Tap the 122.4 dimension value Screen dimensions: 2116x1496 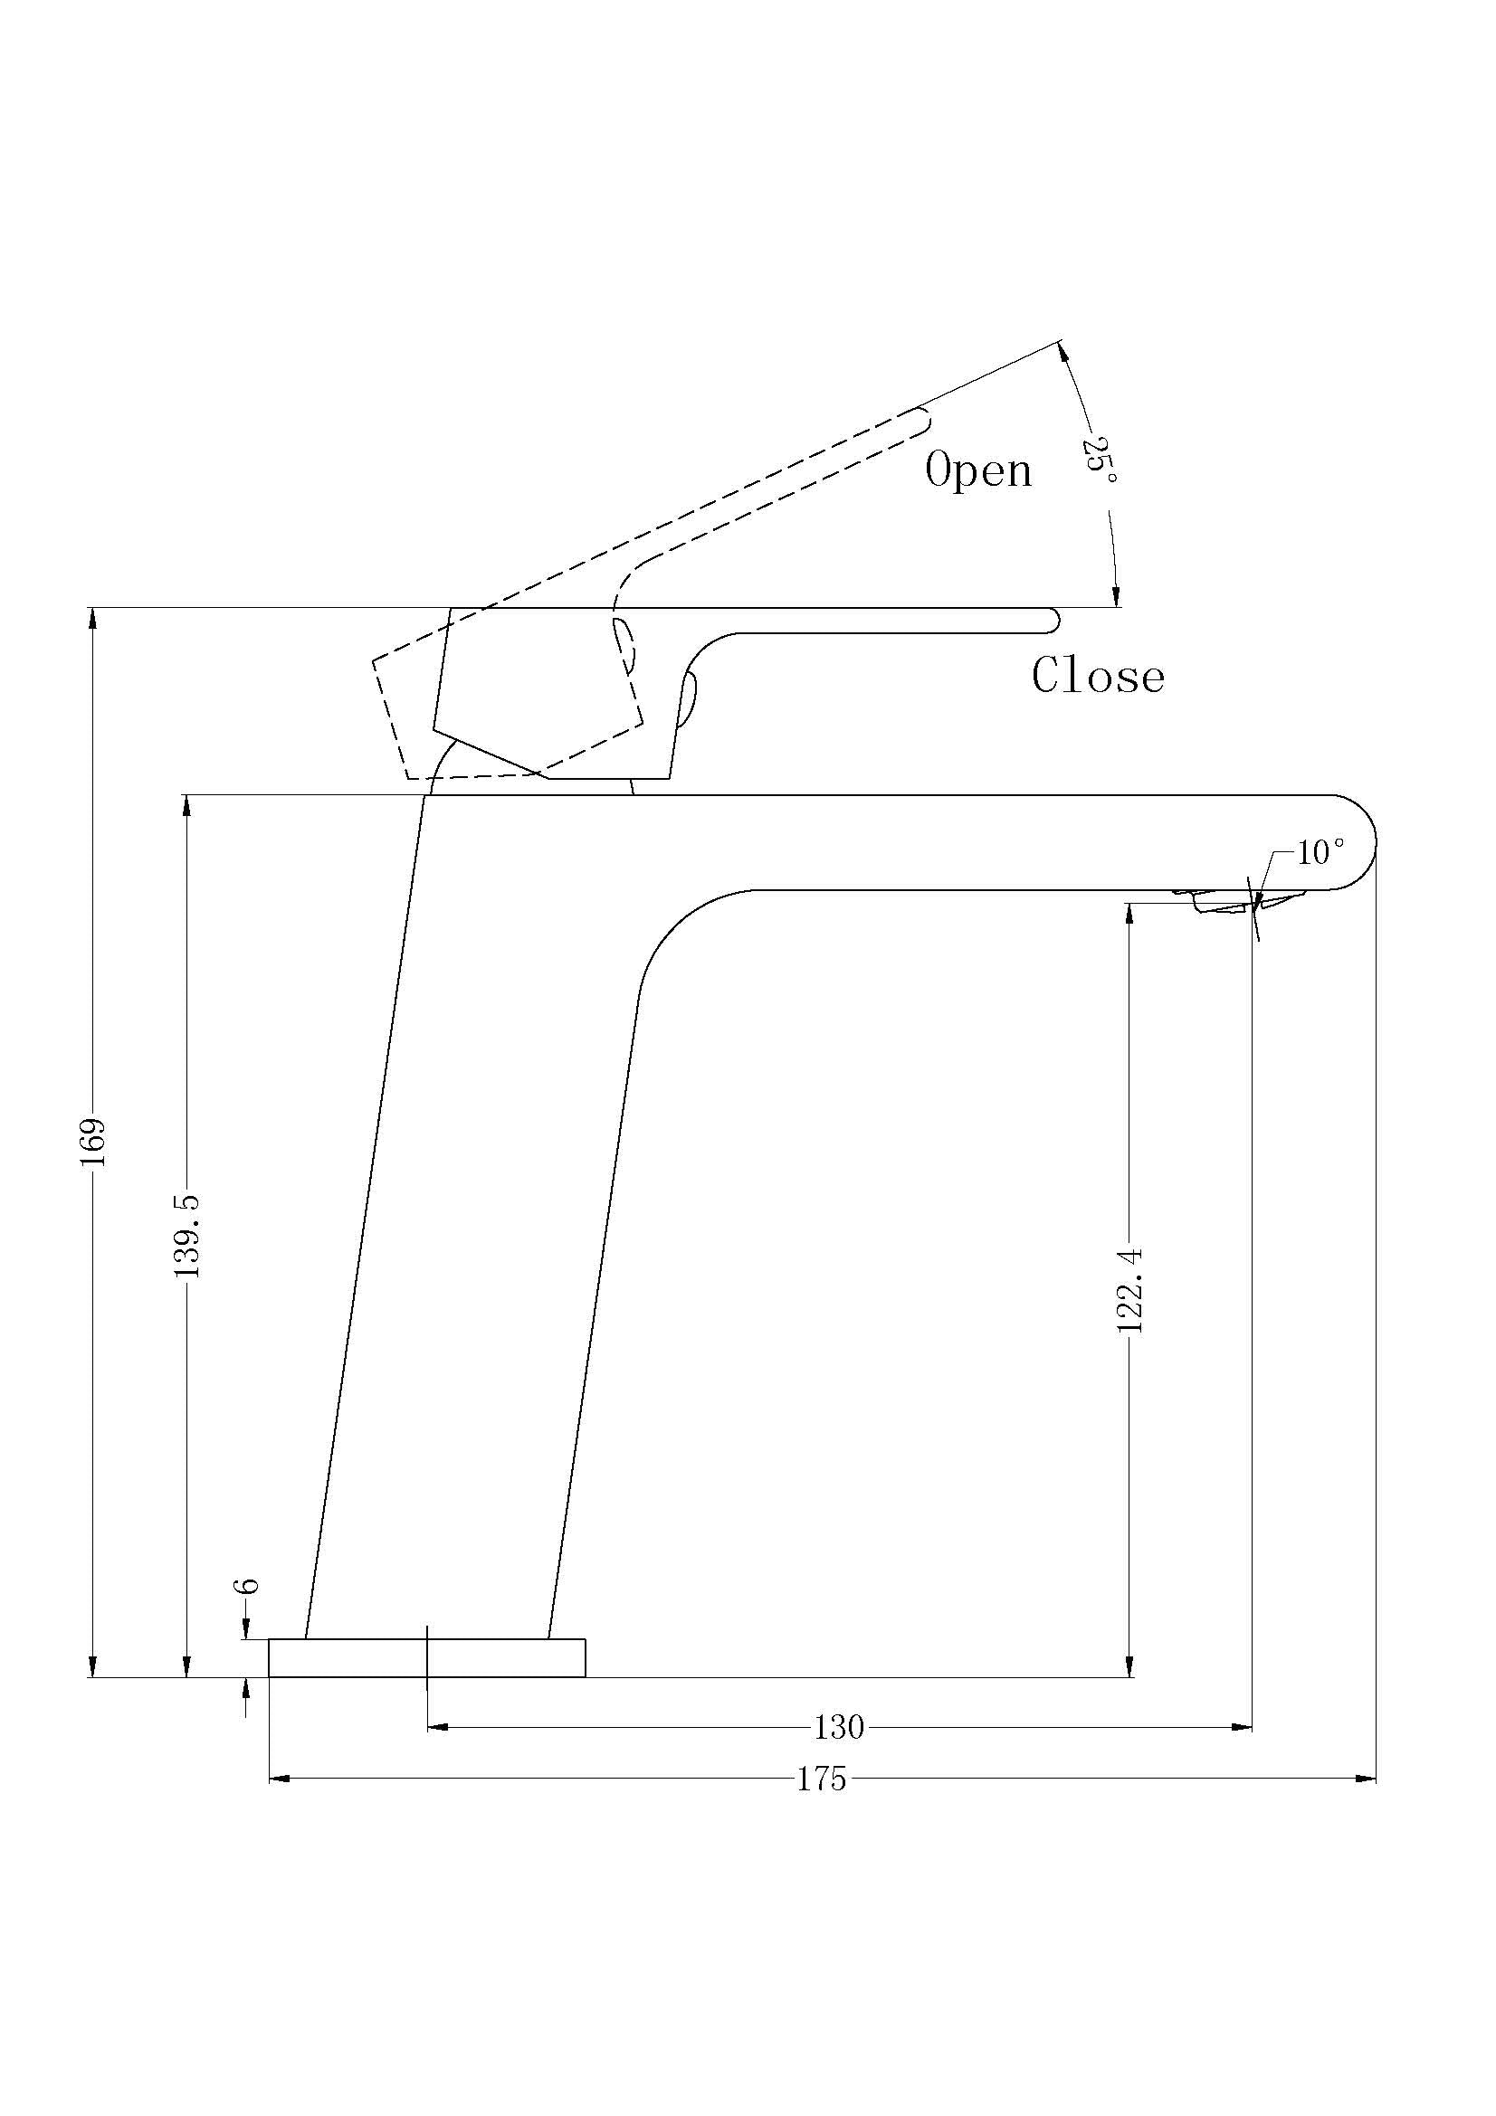pos(1130,1290)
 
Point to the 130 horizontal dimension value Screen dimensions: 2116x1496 pos(839,1727)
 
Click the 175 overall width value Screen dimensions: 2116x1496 pos(821,1779)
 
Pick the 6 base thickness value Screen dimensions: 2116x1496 pos(247,1586)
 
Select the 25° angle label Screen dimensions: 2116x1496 pos(1101,459)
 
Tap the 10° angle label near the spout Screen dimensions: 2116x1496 pos(1320,853)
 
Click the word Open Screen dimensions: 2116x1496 pos(978,471)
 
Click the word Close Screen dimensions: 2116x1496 pos(1098,677)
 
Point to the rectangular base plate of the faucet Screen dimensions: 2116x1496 pos(427,1657)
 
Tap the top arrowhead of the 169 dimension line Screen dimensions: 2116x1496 pos(92,620)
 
